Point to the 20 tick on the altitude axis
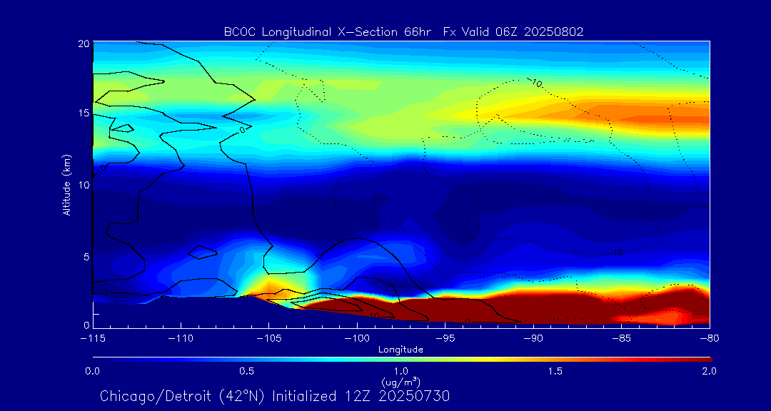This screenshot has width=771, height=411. [x=82, y=44]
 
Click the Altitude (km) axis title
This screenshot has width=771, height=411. [x=67, y=184]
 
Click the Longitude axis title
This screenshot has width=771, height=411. [x=400, y=349]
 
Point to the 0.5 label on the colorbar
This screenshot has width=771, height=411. [x=247, y=371]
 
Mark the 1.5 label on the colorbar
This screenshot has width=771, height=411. [x=555, y=371]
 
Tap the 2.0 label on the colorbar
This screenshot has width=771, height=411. [x=709, y=371]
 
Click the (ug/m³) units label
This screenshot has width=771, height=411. [x=400, y=382]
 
